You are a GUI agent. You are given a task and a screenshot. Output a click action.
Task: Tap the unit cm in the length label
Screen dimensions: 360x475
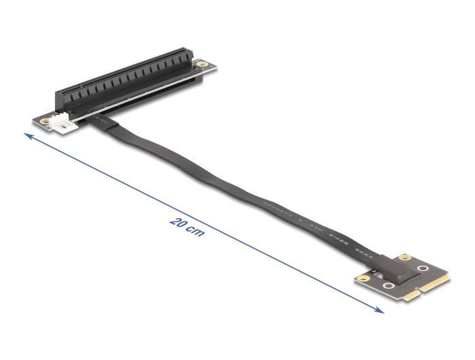(195, 233)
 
